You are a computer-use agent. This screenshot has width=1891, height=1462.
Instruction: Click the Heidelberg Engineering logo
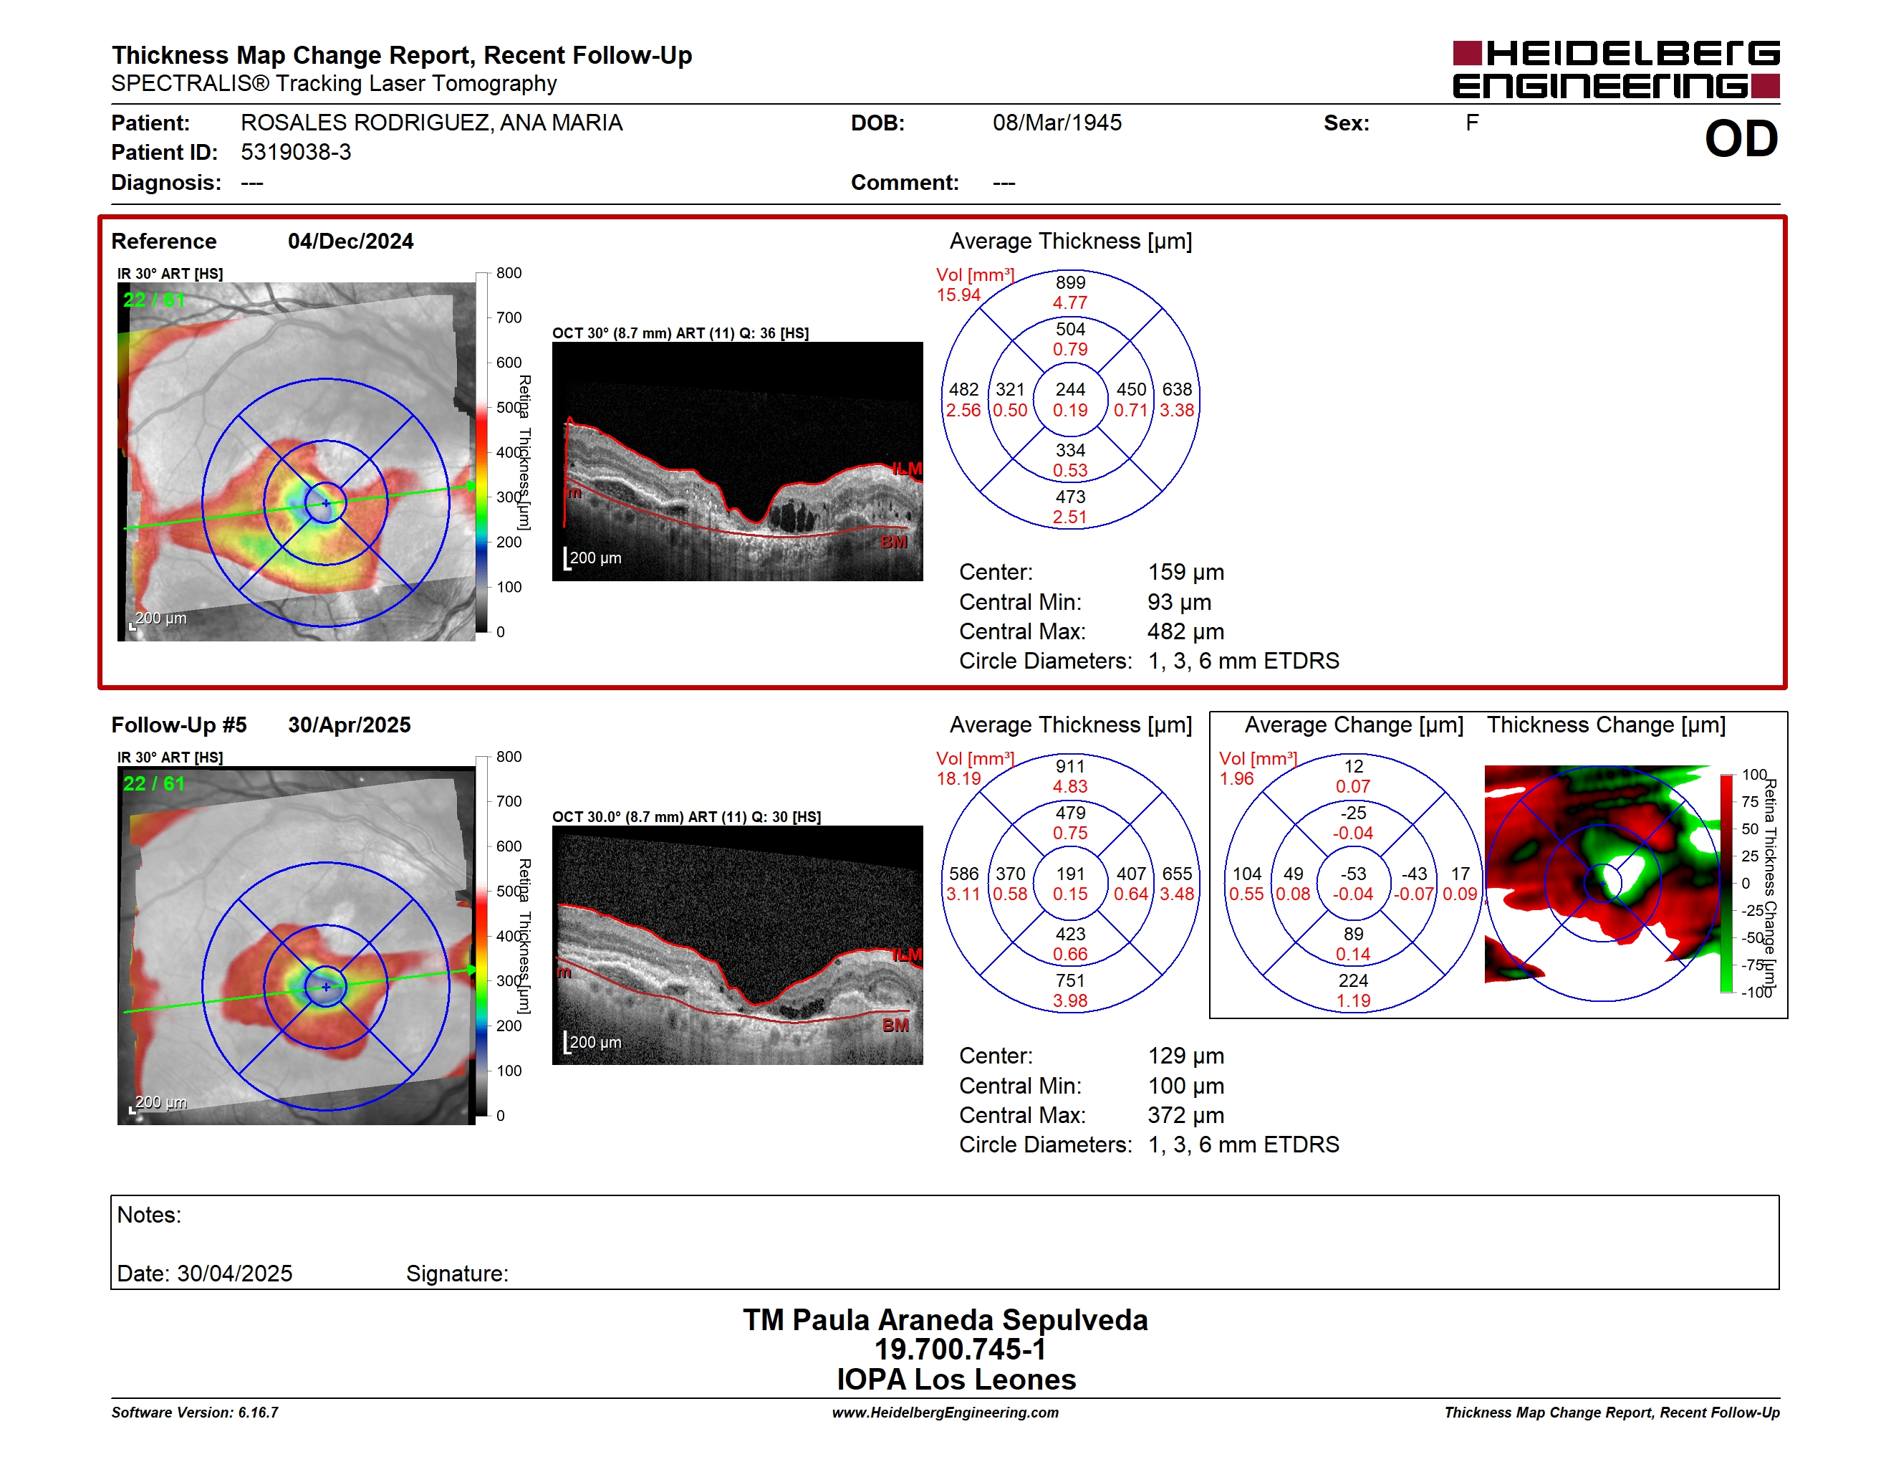1616,70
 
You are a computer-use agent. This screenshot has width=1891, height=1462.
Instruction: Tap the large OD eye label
1741,138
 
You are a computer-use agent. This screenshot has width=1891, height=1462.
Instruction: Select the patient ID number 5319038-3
296,153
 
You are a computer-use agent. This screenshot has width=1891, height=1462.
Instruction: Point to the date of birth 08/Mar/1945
1057,123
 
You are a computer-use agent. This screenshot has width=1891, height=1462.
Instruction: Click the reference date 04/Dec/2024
351,242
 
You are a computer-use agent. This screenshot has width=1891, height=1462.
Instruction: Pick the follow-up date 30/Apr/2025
349,725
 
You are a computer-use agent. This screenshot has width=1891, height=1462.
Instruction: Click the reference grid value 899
1070,282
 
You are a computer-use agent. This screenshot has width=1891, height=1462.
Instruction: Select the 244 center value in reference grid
1070,390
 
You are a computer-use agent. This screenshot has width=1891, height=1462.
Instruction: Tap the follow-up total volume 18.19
958,778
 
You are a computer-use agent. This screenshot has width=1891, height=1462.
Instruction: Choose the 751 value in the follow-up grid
1070,980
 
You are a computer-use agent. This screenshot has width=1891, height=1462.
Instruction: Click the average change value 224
1353,980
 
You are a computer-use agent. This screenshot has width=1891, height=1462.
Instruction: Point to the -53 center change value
1353,874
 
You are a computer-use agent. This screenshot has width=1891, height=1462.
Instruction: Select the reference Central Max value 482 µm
1185,631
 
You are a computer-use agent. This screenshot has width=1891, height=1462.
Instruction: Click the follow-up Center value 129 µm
1185,1056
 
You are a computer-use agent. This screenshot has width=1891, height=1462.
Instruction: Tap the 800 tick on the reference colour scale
509,273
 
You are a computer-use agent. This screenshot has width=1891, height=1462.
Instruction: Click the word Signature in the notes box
456,1274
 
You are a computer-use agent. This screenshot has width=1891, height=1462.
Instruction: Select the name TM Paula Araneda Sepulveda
945,1320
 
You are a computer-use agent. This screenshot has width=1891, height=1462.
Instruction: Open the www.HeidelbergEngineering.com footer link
945,1413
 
